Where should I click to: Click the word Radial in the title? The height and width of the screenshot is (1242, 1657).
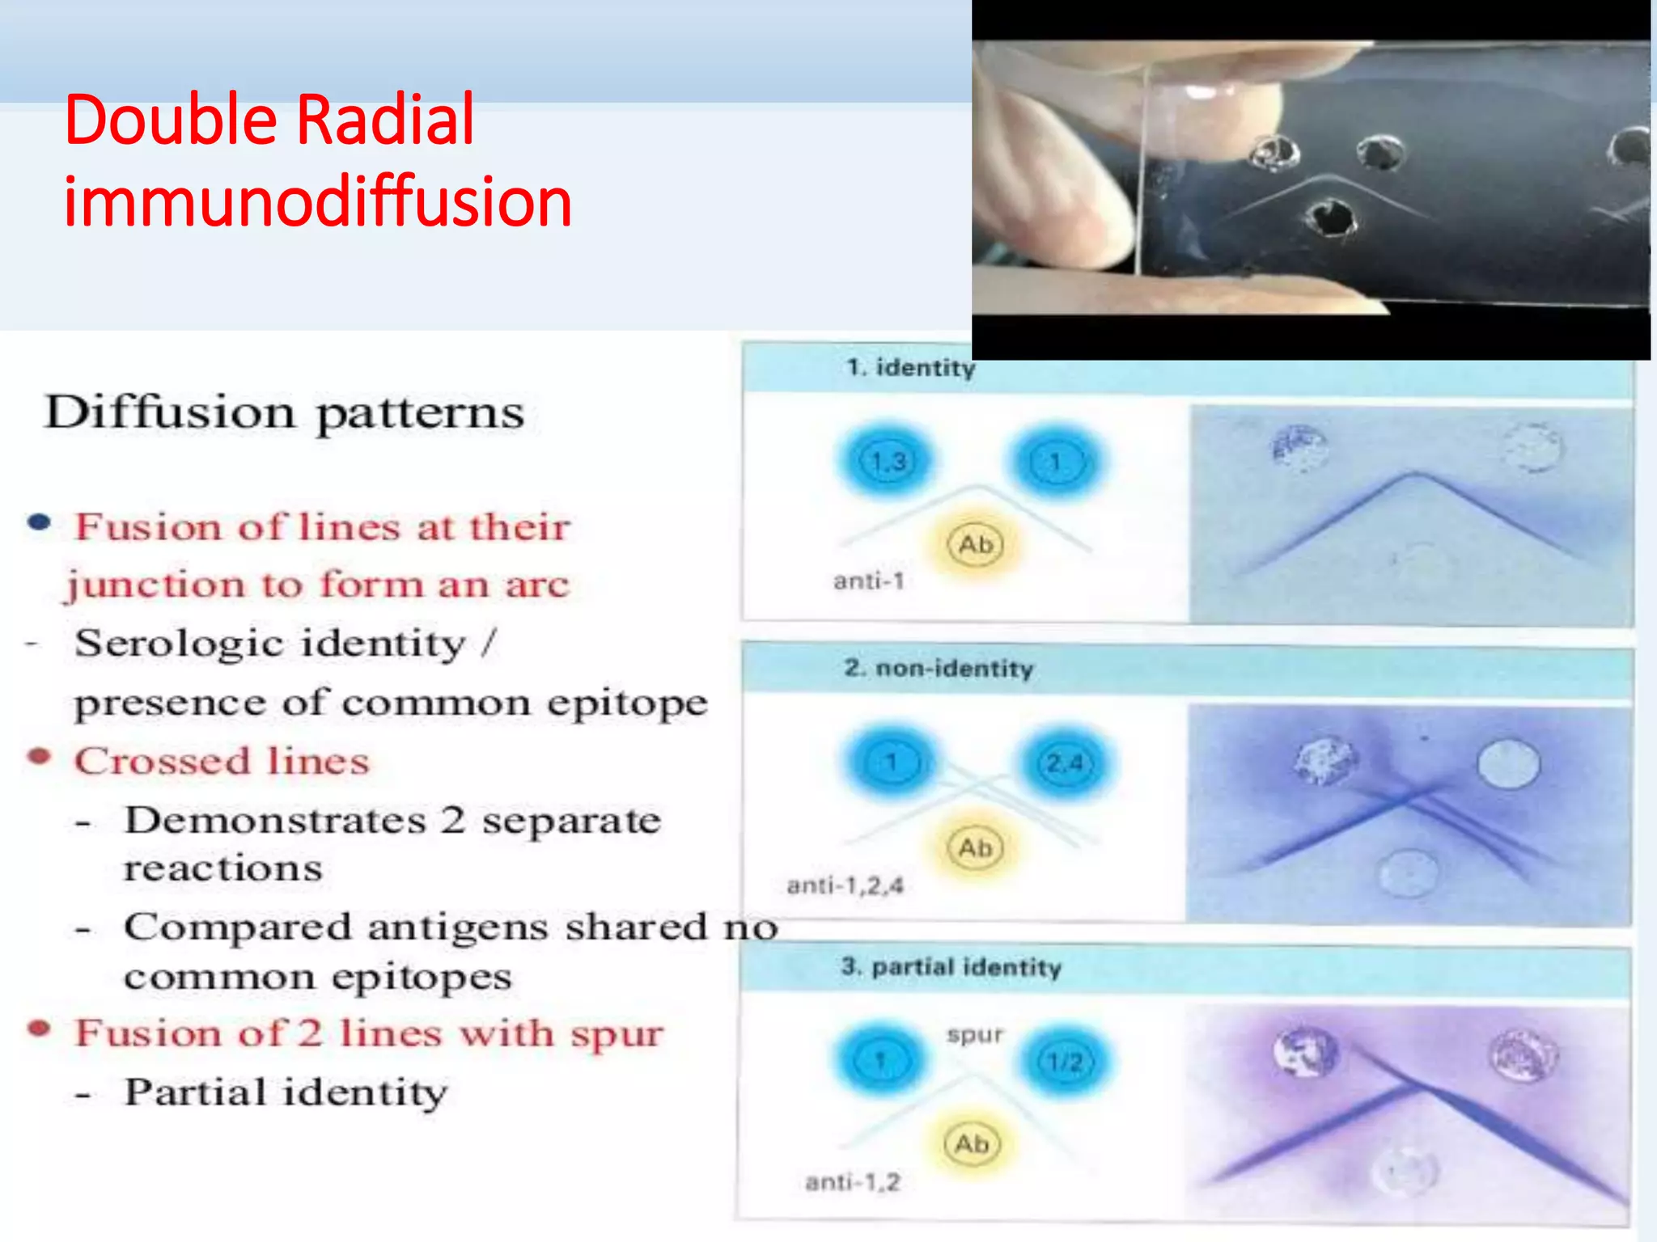pos(385,120)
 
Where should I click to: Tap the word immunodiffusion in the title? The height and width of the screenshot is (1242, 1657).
pos(318,201)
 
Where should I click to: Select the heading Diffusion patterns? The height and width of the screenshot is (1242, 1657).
pos(285,412)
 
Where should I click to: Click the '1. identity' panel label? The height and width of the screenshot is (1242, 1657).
pos(910,368)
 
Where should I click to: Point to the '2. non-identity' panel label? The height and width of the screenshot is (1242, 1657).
pos(939,668)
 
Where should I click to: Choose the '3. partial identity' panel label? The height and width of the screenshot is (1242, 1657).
pos(951,967)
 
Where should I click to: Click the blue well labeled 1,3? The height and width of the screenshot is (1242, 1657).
pos(888,462)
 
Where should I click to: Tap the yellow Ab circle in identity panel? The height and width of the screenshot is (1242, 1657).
pos(975,545)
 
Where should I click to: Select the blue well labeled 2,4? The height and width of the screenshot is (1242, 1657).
pos(1064,763)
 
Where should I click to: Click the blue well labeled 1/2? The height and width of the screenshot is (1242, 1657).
pos(1065,1061)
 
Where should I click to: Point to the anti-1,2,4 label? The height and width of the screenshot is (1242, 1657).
pos(845,886)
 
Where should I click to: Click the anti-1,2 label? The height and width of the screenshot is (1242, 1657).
pos(852,1183)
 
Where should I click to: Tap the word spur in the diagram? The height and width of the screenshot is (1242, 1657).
pos(975,1035)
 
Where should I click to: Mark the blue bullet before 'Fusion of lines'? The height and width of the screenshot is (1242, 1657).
pos(40,522)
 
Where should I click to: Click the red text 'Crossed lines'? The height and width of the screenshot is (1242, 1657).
pos(222,762)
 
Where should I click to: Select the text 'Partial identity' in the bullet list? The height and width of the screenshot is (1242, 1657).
pos(285,1092)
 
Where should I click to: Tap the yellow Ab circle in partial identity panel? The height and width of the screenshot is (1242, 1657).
pos(972,1144)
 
